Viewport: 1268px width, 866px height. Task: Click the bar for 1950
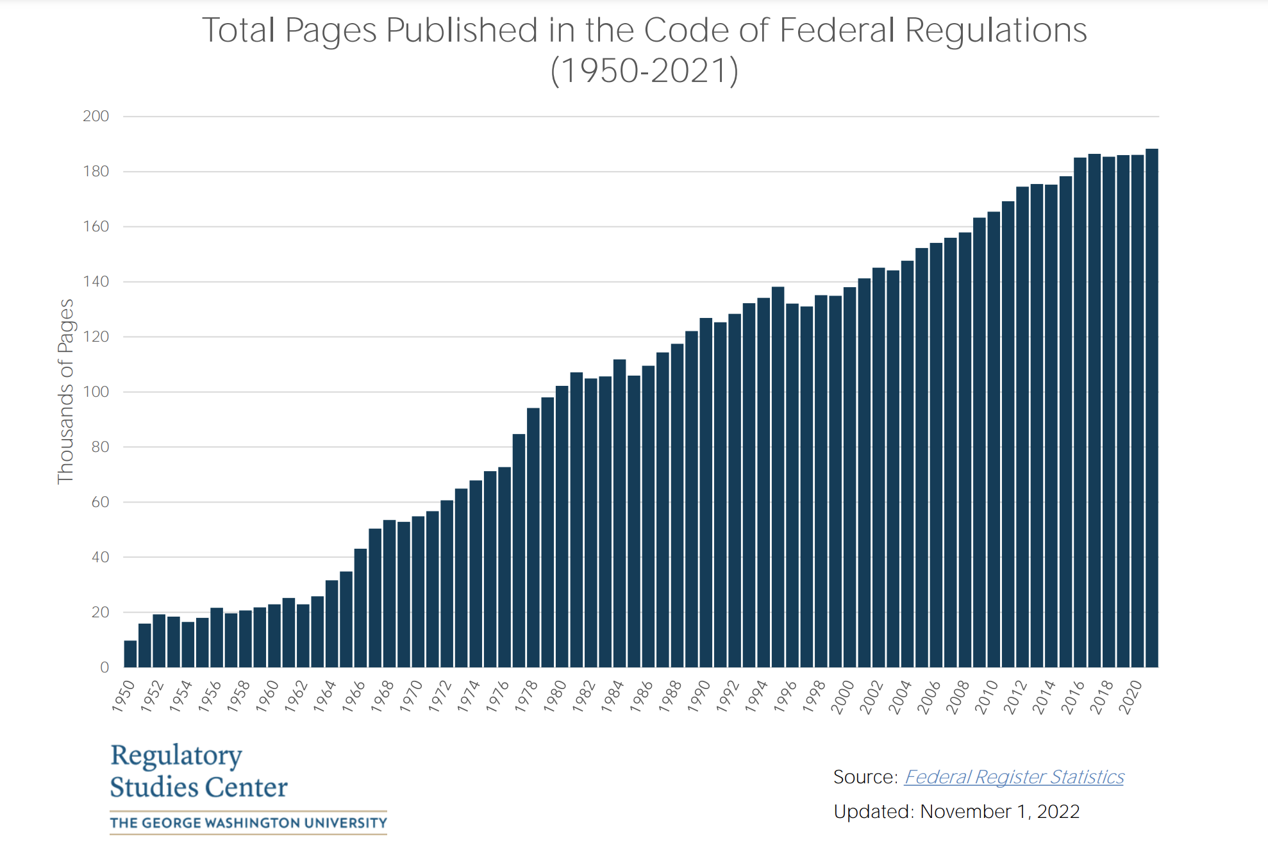[x=130, y=654]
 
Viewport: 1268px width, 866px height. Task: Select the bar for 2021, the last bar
[x=1151, y=410]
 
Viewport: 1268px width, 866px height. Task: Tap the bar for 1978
[x=533, y=538]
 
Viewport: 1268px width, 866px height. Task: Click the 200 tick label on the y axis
[x=96, y=116]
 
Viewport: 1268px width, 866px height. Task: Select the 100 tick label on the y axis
[x=96, y=392]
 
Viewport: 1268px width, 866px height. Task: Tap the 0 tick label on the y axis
[x=104, y=667]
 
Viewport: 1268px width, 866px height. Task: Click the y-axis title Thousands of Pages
[x=65, y=392]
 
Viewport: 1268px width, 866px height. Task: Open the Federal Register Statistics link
[x=1014, y=777]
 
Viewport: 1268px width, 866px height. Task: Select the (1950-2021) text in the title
[x=644, y=71]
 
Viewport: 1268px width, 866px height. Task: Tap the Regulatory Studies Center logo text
[x=199, y=771]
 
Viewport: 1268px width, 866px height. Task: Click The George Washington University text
[x=248, y=823]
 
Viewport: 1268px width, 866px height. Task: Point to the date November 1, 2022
[x=999, y=812]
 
